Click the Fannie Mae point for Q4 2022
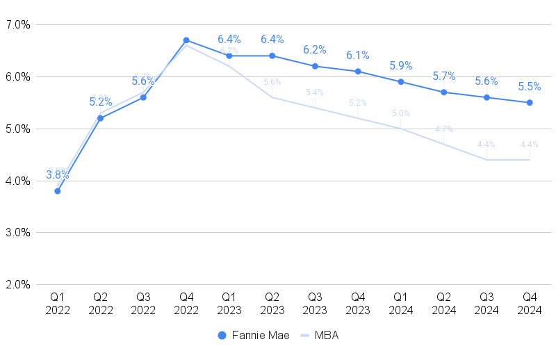(x=186, y=40)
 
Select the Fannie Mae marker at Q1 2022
(x=58, y=191)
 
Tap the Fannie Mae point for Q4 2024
(x=530, y=103)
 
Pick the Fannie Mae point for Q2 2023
(x=272, y=56)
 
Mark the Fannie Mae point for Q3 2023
(x=315, y=66)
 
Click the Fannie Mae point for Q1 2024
(x=401, y=82)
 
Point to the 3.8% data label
(x=58, y=175)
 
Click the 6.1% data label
(x=358, y=56)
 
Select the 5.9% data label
(x=401, y=66)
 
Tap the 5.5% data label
(x=530, y=87)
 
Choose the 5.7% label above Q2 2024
(x=444, y=76)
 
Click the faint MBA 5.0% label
(x=401, y=113)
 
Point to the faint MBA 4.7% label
(x=444, y=129)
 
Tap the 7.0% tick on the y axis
(x=17, y=25)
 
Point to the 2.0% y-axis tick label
(x=17, y=284)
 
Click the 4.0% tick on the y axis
(x=17, y=181)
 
